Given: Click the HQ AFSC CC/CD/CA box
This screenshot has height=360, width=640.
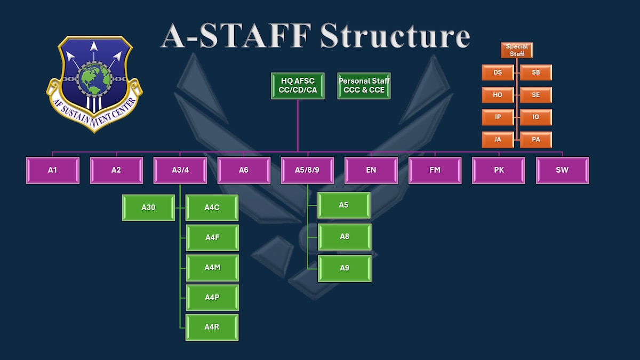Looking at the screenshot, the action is pyautogui.click(x=298, y=86).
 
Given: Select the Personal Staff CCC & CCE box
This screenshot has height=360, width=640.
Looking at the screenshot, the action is pyautogui.click(x=364, y=86).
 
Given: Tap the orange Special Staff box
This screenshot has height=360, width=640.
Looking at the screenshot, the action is pyautogui.click(x=517, y=50).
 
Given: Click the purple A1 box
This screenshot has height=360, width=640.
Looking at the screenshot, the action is pyautogui.click(x=53, y=170).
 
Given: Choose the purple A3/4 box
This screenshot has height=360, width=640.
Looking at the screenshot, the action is pyautogui.click(x=180, y=170).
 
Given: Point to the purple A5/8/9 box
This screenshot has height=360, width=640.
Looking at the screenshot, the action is pyautogui.click(x=307, y=170).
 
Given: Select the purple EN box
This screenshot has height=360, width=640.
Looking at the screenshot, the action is pyautogui.click(x=371, y=170).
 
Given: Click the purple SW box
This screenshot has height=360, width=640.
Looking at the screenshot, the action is pyautogui.click(x=562, y=170).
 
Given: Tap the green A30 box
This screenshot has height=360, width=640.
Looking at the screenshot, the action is pyautogui.click(x=148, y=207).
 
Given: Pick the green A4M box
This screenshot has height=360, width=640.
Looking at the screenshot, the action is pyautogui.click(x=212, y=268).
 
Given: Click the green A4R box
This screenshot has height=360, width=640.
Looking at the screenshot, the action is pyautogui.click(x=212, y=327).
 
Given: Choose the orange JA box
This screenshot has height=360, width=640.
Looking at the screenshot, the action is pyautogui.click(x=498, y=140).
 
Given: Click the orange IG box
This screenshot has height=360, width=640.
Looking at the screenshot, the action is pyautogui.click(x=535, y=117).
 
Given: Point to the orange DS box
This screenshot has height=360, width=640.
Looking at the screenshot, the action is pyautogui.click(x=498, y=73).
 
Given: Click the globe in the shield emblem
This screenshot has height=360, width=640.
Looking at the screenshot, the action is pyautogui.click(x=94, y=79).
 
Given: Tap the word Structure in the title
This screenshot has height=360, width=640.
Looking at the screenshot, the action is pyautogui.click(x=395, y=36).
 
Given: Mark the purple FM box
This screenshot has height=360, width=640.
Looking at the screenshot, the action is pyautogui.click(x=435, y=170).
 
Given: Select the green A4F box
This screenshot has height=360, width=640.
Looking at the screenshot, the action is pyautogui.click(x=212, y=238).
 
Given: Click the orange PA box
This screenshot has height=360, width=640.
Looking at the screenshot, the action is pyautogui.click(x=535, y=140).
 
